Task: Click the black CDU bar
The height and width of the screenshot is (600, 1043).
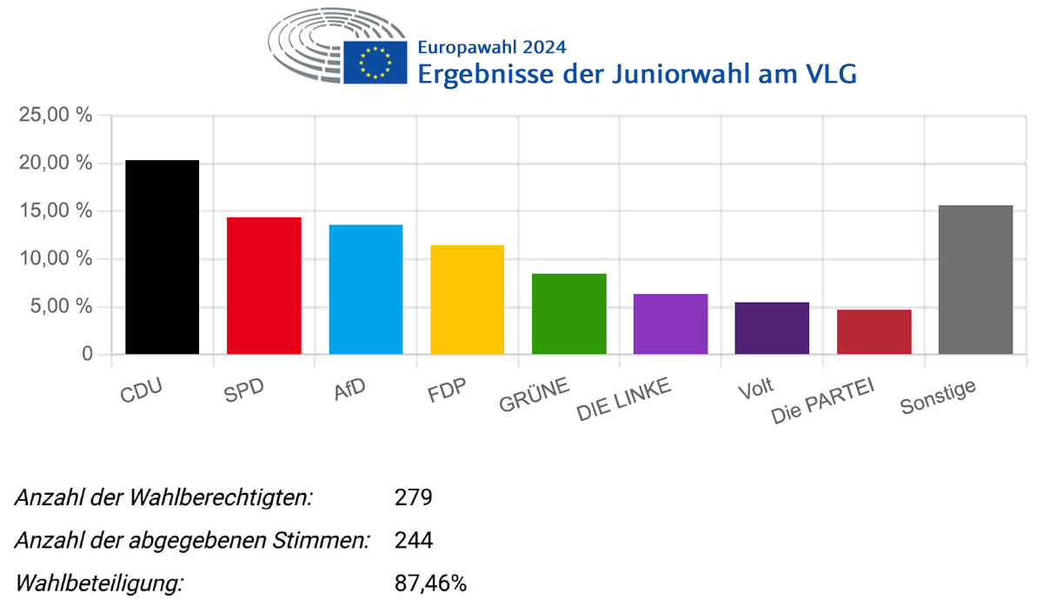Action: pyautogui.click(x=162, y=257)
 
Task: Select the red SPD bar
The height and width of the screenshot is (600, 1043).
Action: pyautogui.click(x=263, y=285)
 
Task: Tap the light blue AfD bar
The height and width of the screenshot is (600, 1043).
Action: pyautogui.click(x=365, y=290)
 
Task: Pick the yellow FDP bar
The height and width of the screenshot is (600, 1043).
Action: pyautogui.click(x=467, y=299)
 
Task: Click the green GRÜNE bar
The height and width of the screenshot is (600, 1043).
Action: pyautogui.click(x=568, y=314)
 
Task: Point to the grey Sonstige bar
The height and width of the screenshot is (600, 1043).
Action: pyautogui.click(x=975, y=279)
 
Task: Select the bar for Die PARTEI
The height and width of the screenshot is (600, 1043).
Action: pyautogui.click(x=874, y=331)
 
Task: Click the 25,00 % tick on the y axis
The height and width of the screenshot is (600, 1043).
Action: pyautogui.click(x=54, y=115)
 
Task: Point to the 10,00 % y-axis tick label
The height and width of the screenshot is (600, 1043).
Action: pyautogui.click(x=54, y=258)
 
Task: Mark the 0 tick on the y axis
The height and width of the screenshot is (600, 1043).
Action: pyautogui.click(x=86, y=354)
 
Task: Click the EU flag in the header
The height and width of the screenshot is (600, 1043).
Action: pyautogui.click(x=375, y=62)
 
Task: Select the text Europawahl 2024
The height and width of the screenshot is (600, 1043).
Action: pyautogui.click(x=491, y=47)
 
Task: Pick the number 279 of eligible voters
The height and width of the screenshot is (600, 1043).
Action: pyautogui.click(x=413, y=498)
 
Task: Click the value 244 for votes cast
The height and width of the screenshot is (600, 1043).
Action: pyautogui.click(x=413, y=541)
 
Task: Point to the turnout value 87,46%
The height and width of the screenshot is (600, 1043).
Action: pyautogui.click(x=430, y=583)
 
